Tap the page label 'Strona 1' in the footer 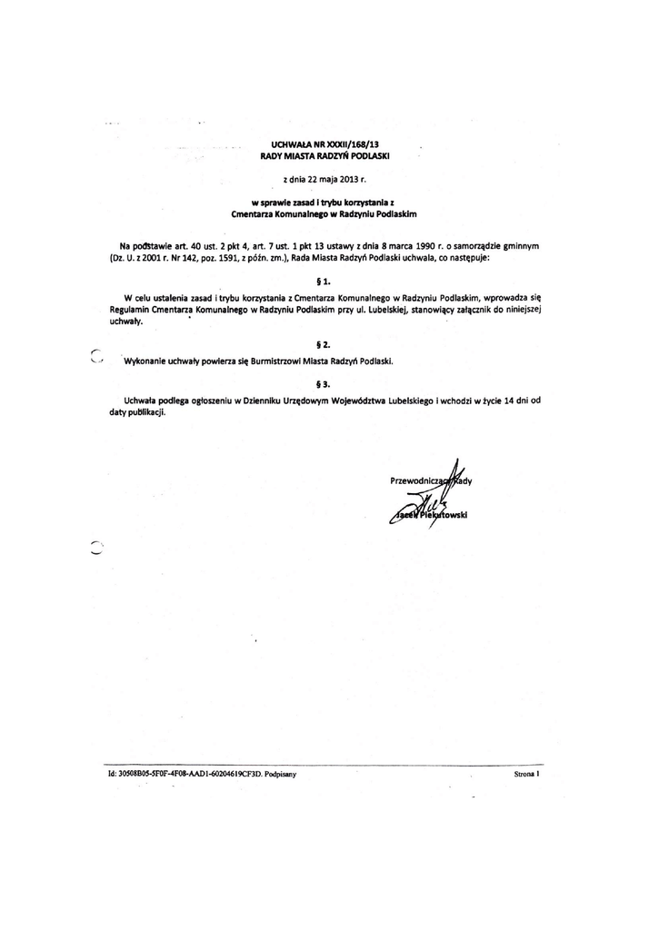[526, 775]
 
